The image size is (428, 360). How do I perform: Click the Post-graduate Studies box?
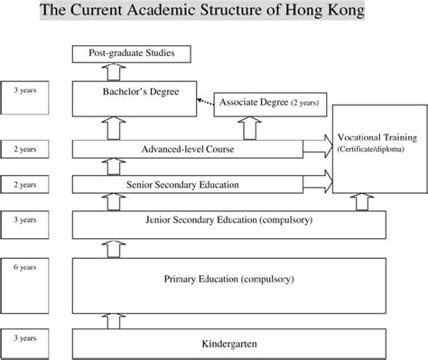point(132,55)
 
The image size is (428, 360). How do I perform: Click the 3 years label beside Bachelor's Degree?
point(25,91)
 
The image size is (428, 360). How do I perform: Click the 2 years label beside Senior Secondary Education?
point(25,183)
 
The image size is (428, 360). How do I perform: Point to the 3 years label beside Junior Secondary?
point(25,219)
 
